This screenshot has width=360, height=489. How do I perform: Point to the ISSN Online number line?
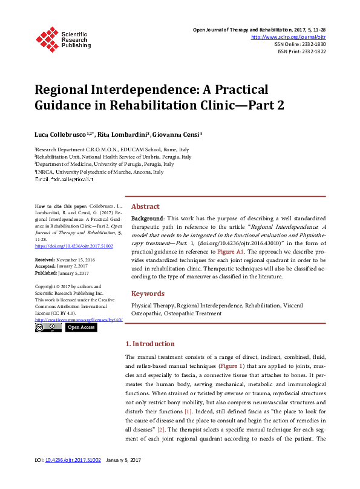point(301,44)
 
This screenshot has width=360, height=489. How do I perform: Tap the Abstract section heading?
point(145,206)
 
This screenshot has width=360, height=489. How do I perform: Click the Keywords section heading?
point(148,294)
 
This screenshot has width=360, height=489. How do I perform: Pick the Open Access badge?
point(80,327)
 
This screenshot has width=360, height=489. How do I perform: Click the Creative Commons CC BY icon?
point(48,327)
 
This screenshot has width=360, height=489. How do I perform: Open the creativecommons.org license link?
point(79,319)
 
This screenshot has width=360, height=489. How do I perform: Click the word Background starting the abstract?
point(147,217)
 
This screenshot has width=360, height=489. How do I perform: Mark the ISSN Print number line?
point(302,51)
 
